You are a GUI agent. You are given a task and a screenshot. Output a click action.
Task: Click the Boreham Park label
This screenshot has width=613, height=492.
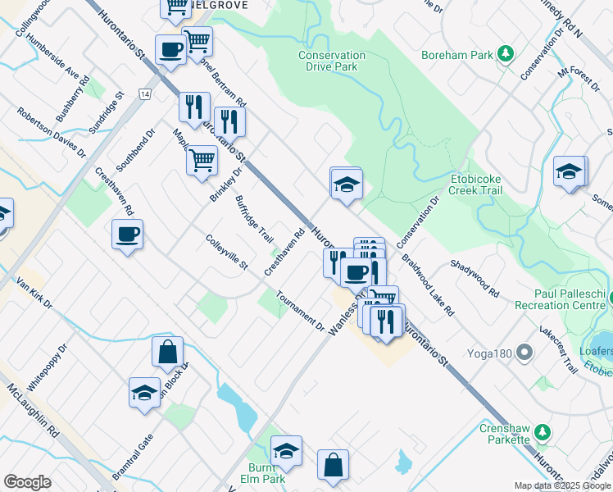click(x=457, y=55)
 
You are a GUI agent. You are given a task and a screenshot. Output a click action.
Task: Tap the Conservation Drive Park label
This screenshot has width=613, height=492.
click(x=332, y=61)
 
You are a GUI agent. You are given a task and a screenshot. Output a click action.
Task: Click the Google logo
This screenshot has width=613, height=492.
click(x=27, y=482)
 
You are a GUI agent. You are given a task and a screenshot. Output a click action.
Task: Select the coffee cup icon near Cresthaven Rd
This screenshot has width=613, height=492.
click(x=128, y=235)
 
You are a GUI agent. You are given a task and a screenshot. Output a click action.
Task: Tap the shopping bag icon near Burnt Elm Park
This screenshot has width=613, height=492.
click(x=334, y=465)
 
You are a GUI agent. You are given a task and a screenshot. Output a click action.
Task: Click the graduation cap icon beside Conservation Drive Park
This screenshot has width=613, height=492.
click(x=347, y=185)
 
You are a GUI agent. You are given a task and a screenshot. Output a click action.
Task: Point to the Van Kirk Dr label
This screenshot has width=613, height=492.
click(x=34, y=293)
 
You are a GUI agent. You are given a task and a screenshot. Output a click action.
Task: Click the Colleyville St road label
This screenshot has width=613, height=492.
click(x=227, y=253)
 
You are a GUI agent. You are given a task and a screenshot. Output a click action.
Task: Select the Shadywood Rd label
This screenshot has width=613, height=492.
click(x=475, y=279)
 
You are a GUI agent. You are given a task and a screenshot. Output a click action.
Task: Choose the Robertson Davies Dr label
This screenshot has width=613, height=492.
click(x=52, y=132)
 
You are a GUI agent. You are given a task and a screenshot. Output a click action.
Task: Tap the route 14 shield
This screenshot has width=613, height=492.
click(x=145, y=95)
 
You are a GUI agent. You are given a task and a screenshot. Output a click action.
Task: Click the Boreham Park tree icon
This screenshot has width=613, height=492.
click(x=506, y=54)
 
